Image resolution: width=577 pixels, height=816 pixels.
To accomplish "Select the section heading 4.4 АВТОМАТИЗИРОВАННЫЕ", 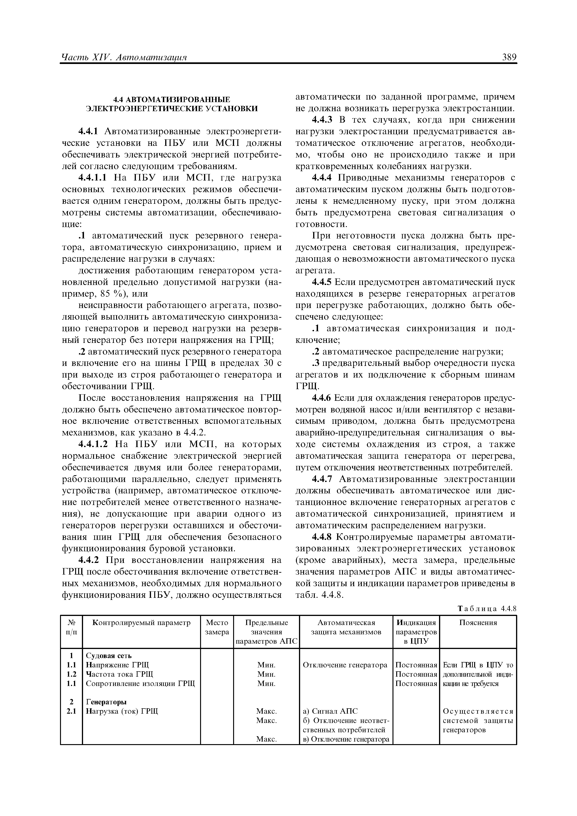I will pyautogui.click(x=172, y=99).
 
